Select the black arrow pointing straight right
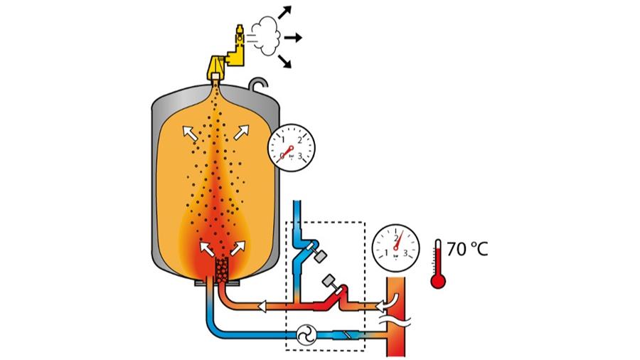293,36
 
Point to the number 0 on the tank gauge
283,154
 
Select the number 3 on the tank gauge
301,154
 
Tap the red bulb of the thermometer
438,280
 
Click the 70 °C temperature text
468,250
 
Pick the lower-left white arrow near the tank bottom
208,248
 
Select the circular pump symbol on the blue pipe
306,333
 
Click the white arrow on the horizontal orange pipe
262,308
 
